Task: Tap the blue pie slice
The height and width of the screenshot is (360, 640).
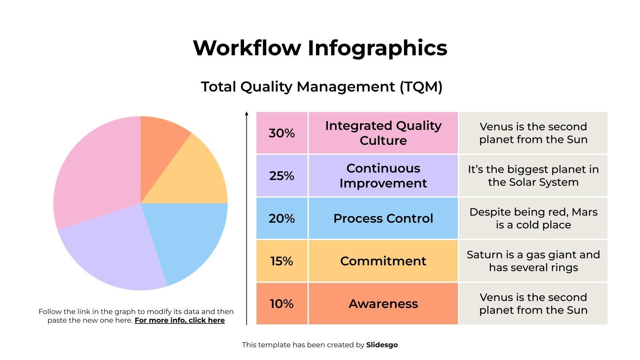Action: point(188,236)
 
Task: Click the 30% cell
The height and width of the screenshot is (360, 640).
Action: point(282,133)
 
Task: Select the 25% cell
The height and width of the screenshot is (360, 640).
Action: point(282,176)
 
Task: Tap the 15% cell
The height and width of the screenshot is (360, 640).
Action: point(282,261)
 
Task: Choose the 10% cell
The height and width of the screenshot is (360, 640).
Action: point(282,304)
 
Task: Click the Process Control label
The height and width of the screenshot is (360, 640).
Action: point(383,218)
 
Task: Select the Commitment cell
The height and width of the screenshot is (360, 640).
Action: point(383,261)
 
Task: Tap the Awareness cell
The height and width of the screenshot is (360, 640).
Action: point(383,304)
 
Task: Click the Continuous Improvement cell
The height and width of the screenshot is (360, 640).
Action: point(383,176)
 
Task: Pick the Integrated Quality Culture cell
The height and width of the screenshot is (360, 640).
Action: point(383,133)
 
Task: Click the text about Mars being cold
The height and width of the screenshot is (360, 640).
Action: point(533,218)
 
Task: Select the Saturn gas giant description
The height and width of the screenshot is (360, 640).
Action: point(533,261)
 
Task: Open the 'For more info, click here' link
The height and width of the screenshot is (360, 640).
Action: point(180,320)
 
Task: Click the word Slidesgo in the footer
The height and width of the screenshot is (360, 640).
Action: point(382,345)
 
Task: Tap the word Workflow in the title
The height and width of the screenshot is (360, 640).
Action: point(247,48)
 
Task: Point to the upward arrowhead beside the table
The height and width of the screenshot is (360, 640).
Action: point(246,114)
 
